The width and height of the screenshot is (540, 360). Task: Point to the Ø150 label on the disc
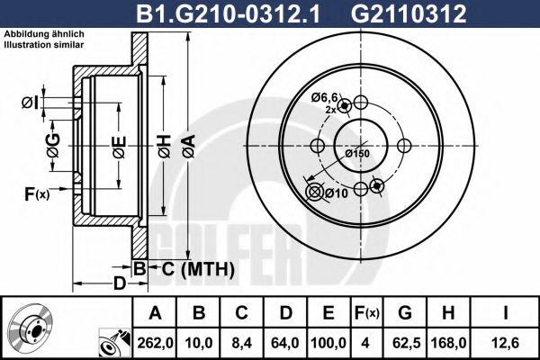coord(357,153)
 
